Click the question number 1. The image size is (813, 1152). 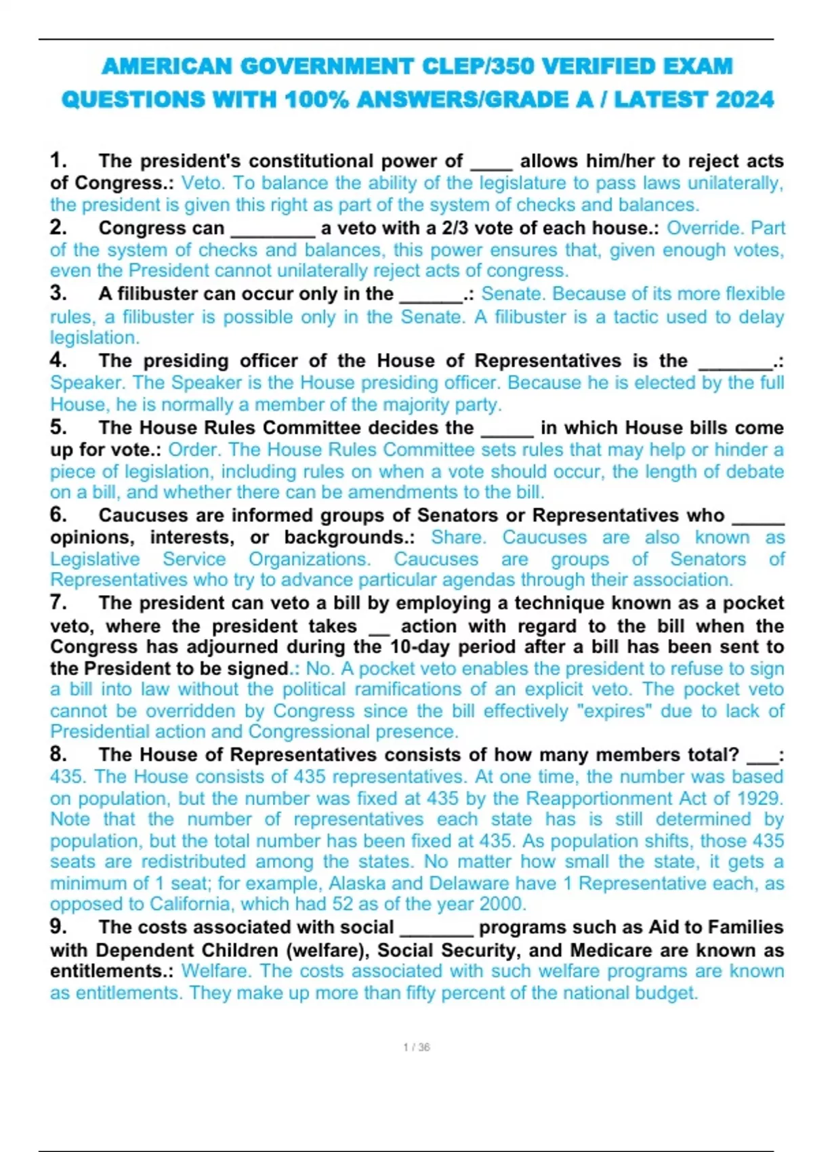pyautogui.click(x=58, y=161)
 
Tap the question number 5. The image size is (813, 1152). pyautogui.click(x=58, y=428)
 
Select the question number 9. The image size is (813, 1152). pyautogui.click(x=58, y=926)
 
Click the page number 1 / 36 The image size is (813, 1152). pyautogui.click(x=416, y=1047)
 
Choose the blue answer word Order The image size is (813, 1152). pyautogui.click(x=194, y=449)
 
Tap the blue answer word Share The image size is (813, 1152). pyautogui.click(x=458, y=537)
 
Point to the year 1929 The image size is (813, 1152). pyautogui.click(x=759, y=798)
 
